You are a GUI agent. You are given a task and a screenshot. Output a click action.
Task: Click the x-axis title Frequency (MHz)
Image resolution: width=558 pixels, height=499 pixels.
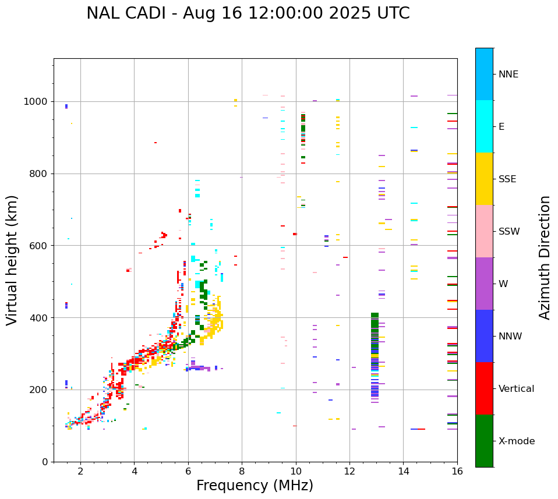click(x=255, y=486)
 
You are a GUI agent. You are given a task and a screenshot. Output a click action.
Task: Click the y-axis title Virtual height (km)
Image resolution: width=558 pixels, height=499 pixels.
click(x=12, y=260)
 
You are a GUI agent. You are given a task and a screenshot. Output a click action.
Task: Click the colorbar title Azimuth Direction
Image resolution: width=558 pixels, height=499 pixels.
click(x=545, y=257)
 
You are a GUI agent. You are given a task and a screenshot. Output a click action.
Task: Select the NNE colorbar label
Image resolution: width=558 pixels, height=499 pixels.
click(x=508, y=75)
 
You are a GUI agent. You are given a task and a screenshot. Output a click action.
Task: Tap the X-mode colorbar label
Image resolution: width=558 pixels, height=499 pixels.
click(x=516, y=441)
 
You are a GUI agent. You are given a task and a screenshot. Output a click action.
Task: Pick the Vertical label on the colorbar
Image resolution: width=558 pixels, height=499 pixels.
click(x=516, y=389)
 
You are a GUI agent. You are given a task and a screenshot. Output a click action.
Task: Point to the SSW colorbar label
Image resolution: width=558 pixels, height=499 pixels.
click(x=509, y=232)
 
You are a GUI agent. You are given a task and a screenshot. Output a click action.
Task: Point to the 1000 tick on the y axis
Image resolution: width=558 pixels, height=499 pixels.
click(x=37, y=102)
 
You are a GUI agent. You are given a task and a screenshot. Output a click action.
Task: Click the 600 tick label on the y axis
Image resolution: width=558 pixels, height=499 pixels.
click(x=40, y=246)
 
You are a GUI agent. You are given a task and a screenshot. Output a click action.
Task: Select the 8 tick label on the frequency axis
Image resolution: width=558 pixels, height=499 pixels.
click(x=242, y=472)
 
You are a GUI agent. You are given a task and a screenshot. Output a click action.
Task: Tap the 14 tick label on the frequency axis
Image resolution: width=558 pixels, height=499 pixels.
click(x=403, y=472)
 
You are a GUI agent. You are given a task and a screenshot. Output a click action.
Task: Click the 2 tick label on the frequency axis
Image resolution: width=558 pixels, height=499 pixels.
click(x=80, y=472)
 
